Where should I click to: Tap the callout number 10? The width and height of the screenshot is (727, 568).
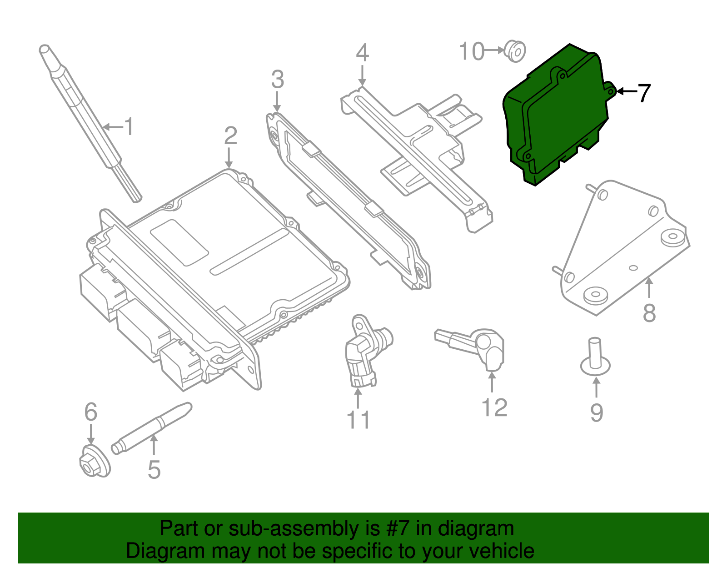tap(472, 51)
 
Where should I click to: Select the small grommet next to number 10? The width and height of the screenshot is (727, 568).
tap(515, 51)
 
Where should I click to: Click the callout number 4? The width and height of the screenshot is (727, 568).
tap(362, 53)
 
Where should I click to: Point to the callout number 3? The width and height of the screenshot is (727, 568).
tap(277, 80)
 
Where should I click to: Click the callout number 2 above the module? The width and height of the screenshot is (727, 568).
tap(230, 136)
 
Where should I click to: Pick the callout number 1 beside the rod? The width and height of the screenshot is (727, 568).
tap(129, 126)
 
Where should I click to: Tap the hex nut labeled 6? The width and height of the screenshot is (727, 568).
tap(94, 462)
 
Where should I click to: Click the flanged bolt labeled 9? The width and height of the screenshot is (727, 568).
tap(595, 359)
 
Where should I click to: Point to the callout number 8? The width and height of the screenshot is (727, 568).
tap(649, 313)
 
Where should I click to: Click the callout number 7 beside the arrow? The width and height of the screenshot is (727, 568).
tap(644, 93)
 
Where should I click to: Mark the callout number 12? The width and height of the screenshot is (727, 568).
tap(494, 407)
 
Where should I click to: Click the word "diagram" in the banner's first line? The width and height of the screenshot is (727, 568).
tap(476, 528)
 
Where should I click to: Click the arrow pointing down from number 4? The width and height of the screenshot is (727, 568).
tap(362, 75)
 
